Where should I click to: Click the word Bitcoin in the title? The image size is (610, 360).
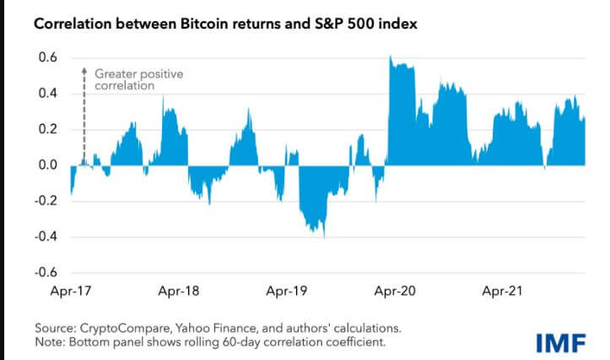pos(204,24)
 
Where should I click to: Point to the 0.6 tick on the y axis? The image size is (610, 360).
pos(48,57)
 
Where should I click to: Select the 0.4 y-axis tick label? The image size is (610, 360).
pos(48,94)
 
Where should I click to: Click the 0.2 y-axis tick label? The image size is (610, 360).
pos(48,129)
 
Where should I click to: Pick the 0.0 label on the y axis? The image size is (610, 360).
pos(48,165)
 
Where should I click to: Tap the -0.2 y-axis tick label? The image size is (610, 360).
pos(46,201)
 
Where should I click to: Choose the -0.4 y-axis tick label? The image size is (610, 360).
pos(46,236)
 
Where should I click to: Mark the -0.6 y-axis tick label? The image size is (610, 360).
pos(46,272)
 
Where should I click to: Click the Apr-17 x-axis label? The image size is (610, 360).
pos(71,291)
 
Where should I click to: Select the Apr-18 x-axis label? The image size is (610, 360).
pos(179,291)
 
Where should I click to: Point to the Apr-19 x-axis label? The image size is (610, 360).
pos(287,291)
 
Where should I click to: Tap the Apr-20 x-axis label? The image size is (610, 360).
pos(395,291)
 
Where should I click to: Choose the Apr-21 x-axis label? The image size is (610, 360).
pos(502,291)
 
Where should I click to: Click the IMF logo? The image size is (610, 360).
pos(561,343)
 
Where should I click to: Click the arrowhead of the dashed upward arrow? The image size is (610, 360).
pos(84,71)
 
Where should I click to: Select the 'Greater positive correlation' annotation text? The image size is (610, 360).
pos(139,80)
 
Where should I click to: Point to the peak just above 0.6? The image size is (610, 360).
pos(390,56)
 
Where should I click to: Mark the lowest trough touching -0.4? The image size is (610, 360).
pos(324,235)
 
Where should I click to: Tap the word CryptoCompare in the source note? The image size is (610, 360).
pos(125,329)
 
